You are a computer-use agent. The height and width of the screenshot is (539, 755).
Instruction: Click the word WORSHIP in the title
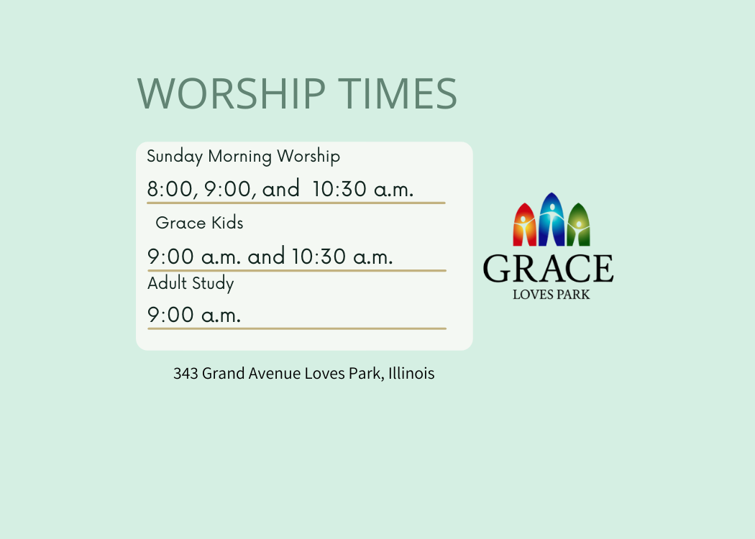tap(232, 93)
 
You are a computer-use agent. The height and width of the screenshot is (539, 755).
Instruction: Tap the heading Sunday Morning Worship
tap(243, 157)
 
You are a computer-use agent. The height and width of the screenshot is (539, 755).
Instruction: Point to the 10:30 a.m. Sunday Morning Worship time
tap(362, 189)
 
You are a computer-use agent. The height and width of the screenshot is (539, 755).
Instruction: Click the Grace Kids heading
tap(199, 223)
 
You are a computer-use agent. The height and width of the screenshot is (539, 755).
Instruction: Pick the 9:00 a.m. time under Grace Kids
tap(193, 257)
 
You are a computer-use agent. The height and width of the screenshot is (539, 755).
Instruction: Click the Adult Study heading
tap(191, 283)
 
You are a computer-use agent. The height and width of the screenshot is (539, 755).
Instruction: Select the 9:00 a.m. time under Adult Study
tap(193, 315)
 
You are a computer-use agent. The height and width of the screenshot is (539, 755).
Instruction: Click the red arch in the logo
tap(524, 225)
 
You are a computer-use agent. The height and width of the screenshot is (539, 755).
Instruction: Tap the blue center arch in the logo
tap(552, 219)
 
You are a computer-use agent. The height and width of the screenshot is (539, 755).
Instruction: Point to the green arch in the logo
tap(579, 225)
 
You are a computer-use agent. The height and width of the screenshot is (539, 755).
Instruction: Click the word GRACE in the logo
tap(549, 269)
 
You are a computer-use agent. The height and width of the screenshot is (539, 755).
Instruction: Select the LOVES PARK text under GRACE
tap(552, 295)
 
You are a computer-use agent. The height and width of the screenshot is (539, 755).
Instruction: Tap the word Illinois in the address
tap(411, 374)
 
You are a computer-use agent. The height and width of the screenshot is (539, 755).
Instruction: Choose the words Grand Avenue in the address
tap(251, 374)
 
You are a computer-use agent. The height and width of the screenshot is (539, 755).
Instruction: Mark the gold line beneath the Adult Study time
tap(297, 328)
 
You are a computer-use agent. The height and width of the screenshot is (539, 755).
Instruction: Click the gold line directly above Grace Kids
tap(296, 203)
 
